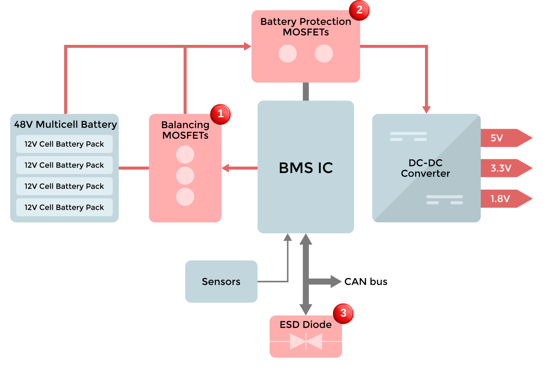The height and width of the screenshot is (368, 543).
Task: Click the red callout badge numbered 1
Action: [220, 114]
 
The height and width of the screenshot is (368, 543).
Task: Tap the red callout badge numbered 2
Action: [359, 10]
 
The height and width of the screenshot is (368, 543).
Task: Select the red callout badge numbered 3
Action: [343, 313]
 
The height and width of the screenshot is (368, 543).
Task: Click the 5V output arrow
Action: [505, 138]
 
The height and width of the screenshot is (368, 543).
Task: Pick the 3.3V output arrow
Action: [505, 168]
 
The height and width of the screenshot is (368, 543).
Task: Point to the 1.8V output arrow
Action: [505, 199]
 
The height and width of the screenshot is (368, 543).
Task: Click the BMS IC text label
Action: [306, 168]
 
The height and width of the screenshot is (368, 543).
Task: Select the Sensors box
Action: [221, 282]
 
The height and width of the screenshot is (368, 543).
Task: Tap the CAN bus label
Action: [366, 282]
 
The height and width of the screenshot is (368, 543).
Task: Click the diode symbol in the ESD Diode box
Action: [306, 341]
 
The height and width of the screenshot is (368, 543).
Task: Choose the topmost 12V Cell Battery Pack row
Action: [64, 144]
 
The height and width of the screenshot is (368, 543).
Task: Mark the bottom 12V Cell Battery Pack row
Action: [64, 207]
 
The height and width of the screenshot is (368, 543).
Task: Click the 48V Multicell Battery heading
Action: [65, 124]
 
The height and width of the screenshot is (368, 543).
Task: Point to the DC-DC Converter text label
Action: [425, 168]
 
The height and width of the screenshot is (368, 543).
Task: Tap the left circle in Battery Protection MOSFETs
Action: [288, 54]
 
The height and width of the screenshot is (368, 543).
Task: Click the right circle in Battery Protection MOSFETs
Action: [324, 54]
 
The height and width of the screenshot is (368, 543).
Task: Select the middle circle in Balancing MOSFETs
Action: [185, 176]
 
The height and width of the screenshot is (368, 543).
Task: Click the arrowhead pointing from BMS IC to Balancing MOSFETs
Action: [226, 168]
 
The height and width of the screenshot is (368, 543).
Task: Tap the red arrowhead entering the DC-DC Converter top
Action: [426, 110]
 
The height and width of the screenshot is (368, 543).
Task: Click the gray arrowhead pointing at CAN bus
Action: [336, 282]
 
